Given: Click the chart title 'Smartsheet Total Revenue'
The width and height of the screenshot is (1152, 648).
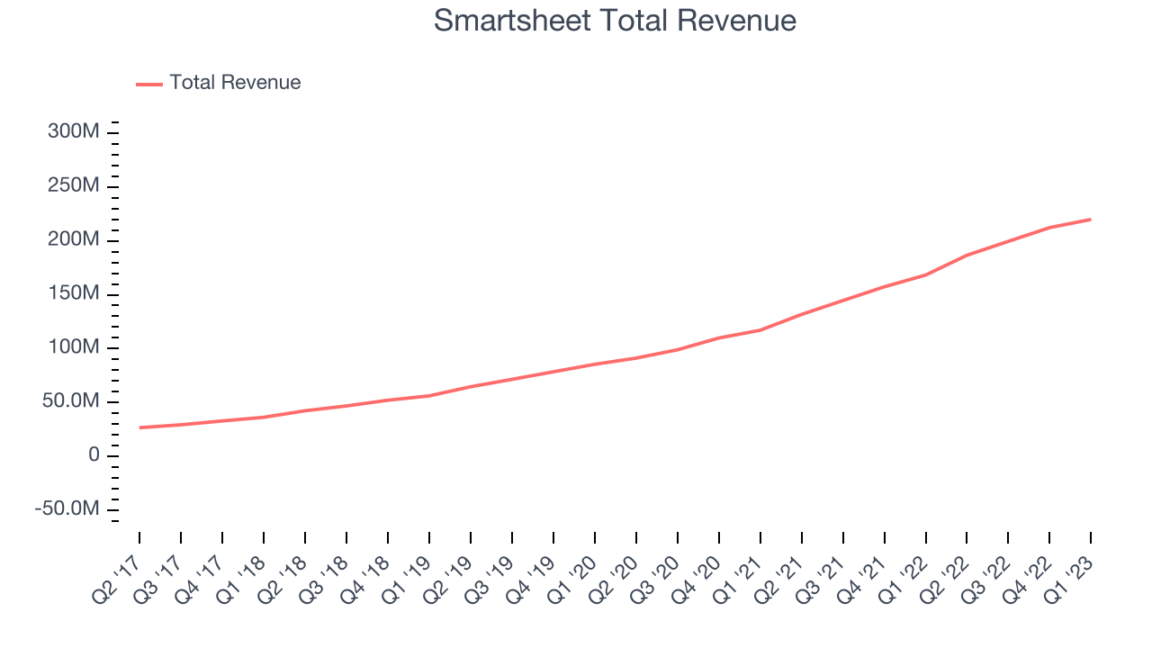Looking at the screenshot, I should point(615,20).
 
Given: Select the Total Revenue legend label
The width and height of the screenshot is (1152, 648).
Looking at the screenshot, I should point(235,83).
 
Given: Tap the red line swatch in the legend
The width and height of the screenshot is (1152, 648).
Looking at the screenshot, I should point(149,84).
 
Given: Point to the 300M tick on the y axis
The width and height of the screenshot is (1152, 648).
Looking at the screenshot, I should point(73,131).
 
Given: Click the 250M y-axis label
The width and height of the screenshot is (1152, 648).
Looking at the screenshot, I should point(73,185).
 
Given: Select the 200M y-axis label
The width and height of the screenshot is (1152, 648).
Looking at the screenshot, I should point(73,239).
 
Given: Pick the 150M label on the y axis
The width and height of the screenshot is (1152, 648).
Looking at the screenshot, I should point(73,293).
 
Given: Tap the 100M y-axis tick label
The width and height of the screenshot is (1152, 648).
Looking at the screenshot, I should point(73,347).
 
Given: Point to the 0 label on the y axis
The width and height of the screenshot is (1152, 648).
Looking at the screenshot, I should point(94,455).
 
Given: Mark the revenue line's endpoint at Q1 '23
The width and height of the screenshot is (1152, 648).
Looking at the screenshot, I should point(1091,219).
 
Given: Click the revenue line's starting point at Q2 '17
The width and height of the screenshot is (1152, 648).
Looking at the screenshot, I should point(139,427).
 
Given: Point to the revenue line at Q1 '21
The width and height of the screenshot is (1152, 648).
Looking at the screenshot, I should point(760,329).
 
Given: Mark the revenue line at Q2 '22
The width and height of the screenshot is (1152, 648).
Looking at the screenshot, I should point(967,255).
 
